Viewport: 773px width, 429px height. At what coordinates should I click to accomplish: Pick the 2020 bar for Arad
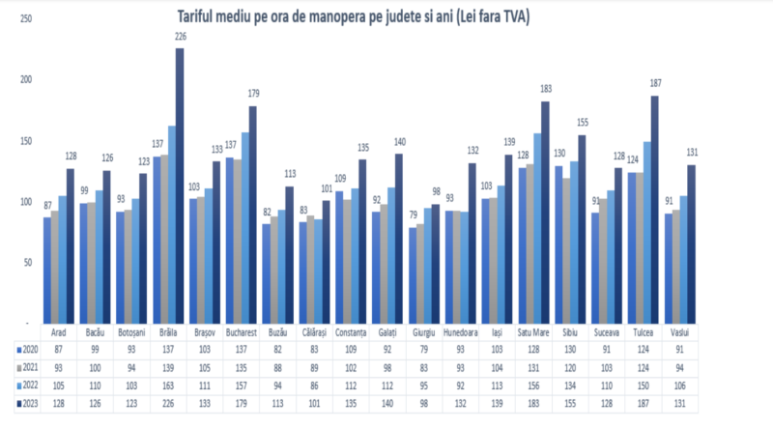point(46,270)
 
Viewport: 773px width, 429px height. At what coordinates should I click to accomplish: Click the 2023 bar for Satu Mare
point(546,212)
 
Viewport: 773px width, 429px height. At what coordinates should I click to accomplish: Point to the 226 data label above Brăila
point(180,37)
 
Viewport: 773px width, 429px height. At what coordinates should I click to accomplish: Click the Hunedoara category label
point(458,330)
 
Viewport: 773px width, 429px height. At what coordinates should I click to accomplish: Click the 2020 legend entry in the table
point(27,348)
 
